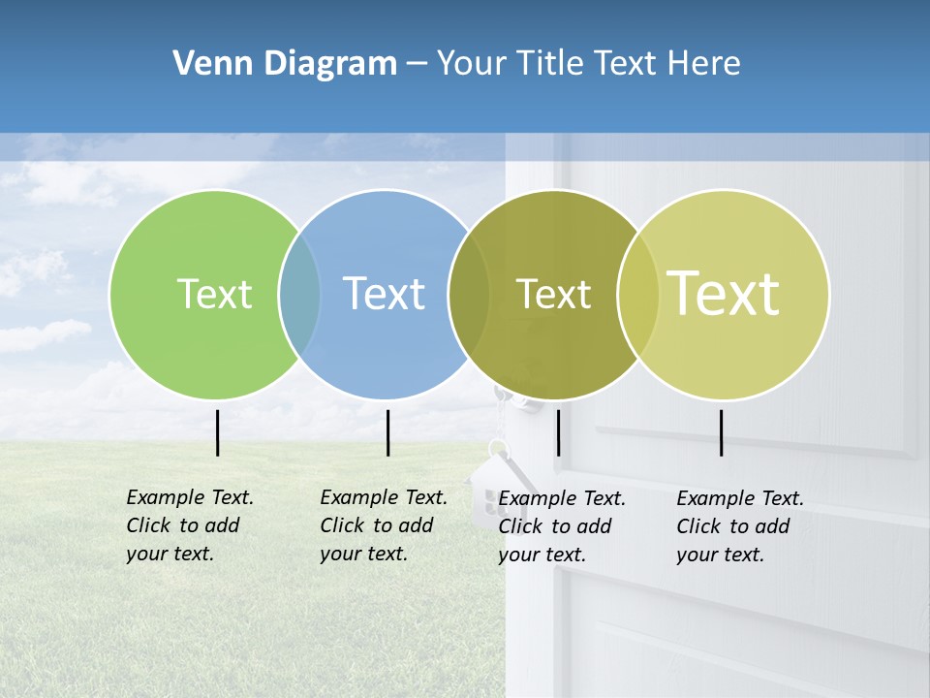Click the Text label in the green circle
click(x=214, y=294)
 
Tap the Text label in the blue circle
click(x=385, y=294)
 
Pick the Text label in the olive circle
click(x=553, y=294)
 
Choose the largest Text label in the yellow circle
click(x=724, y=294)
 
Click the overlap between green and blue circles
click(x=299, y=295)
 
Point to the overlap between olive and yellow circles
click(x=638, y=295)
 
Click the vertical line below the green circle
click(x=217, y=432)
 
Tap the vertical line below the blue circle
click(x=387, y=432)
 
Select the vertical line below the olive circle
click(x=558, y=432)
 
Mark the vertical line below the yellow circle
click(x=722, y=432)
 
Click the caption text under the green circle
click(x=189, y=525)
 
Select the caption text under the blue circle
click(x=383, y=525)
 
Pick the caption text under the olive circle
click(x=561, y=526)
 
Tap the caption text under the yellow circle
click(x=739, y=526)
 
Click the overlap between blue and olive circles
click(x=469, y=295)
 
